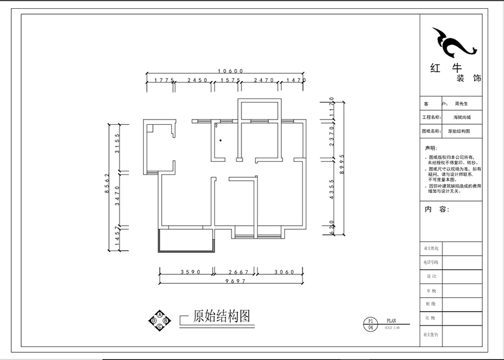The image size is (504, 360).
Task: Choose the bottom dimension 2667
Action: point(238,272)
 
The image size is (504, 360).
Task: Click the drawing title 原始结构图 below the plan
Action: point(221,317)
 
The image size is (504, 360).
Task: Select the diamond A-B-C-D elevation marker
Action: point(159,321)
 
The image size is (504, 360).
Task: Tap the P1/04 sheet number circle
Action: point(370,324)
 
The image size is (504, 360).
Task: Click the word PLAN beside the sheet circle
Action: point(391,321)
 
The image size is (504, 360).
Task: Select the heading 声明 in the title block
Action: point(431,148)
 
